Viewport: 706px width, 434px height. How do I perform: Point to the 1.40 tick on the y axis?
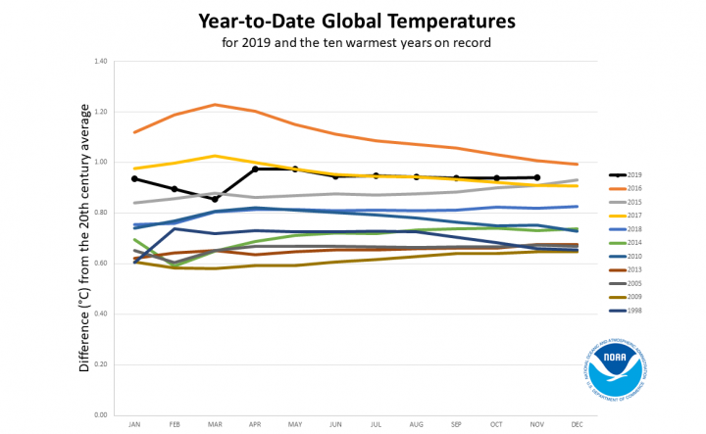(99, 61)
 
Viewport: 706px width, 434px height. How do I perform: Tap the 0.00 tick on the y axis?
(99, 415)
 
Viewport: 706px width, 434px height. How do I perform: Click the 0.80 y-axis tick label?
(99, 213)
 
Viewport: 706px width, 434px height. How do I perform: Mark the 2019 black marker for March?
(215, 199)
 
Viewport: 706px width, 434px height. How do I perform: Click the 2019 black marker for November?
(537, 177)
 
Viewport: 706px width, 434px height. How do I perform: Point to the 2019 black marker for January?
(134, 178)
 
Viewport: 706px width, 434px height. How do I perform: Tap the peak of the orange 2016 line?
(215, 104)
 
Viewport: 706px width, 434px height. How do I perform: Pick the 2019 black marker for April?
(255, 169)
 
